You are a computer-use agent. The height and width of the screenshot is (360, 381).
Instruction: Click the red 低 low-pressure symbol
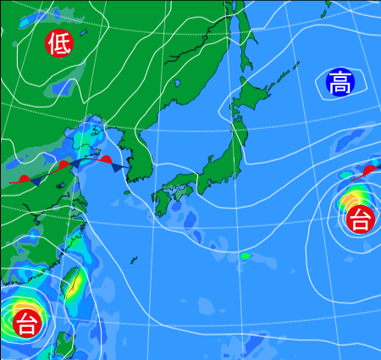(x=59, y=43)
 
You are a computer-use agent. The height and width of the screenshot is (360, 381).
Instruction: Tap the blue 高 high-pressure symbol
(x=340, y=83)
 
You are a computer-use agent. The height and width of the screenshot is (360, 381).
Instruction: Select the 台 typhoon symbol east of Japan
(x=360, y=220)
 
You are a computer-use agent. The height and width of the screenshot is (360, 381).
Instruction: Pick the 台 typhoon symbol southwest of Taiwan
(x=26, y=322)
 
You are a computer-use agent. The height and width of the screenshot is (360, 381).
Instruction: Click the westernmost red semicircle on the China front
(x=25, y=179)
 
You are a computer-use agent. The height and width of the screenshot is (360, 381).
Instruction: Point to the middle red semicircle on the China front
(x=63, y=164)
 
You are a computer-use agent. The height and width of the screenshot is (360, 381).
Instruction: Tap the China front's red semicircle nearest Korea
(x=105, y=158)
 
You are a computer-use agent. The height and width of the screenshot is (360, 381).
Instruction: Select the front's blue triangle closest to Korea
(x=116, y=169)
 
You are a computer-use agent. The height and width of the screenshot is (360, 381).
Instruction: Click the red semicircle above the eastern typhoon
(x=370, y=170)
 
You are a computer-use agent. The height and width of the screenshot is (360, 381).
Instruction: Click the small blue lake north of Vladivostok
(x=179, y=83)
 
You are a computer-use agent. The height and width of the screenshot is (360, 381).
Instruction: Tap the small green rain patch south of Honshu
(x=246, y=255)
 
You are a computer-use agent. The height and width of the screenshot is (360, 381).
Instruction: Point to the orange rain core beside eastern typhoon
(x=348, y=202)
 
